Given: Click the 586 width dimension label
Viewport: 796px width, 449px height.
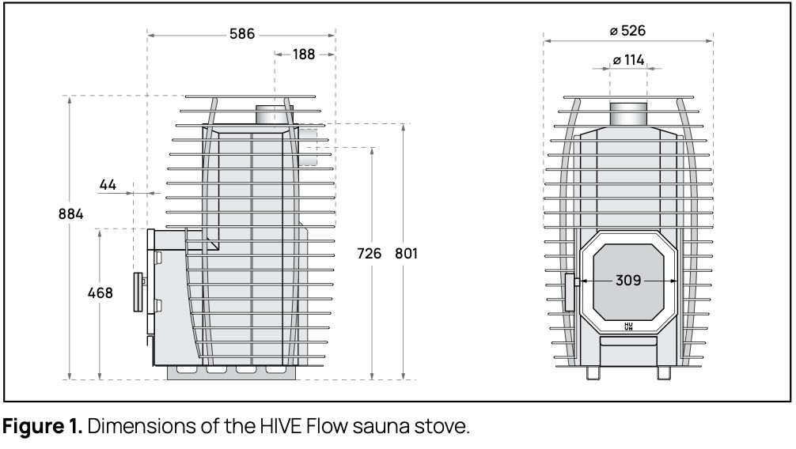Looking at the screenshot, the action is pyautogui.click(x=241, y=34).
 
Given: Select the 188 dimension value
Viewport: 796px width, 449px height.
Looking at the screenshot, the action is pyautogui.click(x=304, y=55).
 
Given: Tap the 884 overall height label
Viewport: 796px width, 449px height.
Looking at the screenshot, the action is pyautogui.click(x=70, y=214).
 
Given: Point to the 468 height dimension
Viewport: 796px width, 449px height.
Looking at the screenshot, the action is pyautogui.click(x=100, y=293).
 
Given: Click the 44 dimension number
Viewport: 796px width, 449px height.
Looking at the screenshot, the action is pyautogui.click(x=108, y=185).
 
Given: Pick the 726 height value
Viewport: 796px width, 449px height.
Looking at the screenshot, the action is pyautogui.click(x=369, y=253).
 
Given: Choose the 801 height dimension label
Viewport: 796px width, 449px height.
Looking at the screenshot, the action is pyautogui.click(x=406, y=253).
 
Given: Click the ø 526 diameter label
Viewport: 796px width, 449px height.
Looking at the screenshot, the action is pyautogui.click(x=627, y=31).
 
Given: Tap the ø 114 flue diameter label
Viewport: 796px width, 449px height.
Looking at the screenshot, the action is pyautogui.click(x=628, y=60).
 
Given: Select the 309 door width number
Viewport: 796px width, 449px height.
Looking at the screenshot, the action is pyautogui.click(x=628, y=280).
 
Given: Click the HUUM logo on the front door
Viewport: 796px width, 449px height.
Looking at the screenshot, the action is pyautogui.click(x=628, y=326).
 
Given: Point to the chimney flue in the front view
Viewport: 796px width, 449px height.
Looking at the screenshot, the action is pyautogui.click(x=628, y=114).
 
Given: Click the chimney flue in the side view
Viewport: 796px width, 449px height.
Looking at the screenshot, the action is pyautogui.click(x=274, y=115).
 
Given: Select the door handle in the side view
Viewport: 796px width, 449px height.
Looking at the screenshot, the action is pyautogui.click(x=138, y=292).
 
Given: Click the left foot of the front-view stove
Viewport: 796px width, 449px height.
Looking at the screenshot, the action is pyautogui.click(x=593, y=373).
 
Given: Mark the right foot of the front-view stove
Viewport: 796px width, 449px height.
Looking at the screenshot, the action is pyautogui.click(x=664, y=373).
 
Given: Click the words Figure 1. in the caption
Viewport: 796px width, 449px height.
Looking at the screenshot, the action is pyautogui.click(x=43, y=426).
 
